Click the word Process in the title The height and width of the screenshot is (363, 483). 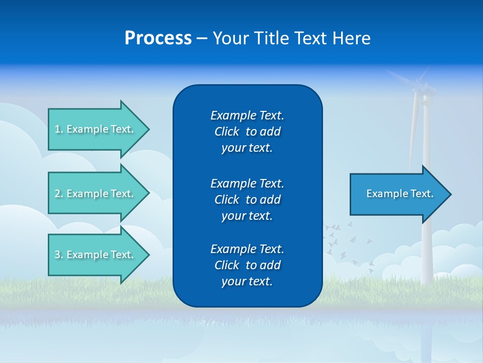pyautogui.click(x=158, y=38)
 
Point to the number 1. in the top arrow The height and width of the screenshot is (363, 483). pyautogui.click(x=59, y=129)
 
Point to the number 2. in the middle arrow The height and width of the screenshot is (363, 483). pyautogui.click(x=59, y=194)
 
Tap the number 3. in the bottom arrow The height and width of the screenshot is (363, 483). pyautogui.click(x=59, y=255)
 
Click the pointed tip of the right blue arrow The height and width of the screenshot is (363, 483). pyautogui.click(x=449, y=194)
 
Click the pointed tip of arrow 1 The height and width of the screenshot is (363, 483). pyautogui.click(x=147, y=129)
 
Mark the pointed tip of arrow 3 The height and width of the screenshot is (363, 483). pyautogui.click(x=147, y=255)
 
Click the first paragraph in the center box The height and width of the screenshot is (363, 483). pyautogui.click(x=247, y=132)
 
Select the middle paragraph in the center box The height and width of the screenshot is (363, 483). pyautogui.click(x=247, y=199)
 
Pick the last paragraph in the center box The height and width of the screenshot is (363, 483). pyautogui.click(x=247, y=265)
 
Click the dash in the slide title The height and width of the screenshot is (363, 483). pyautogui.click(x=202, y=39)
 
